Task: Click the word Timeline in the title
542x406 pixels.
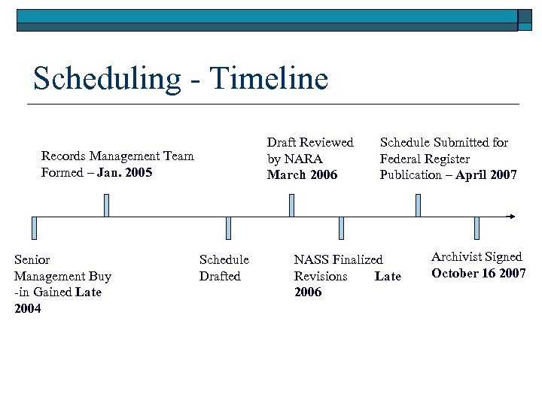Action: click(x=269, y=78)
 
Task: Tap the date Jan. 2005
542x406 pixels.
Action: click(x=124, y=172)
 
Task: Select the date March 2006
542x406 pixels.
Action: click(x=302, y=175)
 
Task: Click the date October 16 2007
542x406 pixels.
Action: click(x=478, y=273)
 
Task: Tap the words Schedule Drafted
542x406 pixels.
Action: click(x=224, y=268)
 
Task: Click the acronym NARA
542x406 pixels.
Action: click(x=305, y=159)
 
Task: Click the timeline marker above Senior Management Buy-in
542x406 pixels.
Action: click(x=35, y=228)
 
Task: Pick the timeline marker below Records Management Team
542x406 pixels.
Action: click(x=106, y=205)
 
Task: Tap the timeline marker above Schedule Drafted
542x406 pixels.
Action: click(x=228, y=228)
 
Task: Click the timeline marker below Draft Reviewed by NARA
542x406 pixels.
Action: click(x=291, y=205)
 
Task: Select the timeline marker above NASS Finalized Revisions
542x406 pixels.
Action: click(x=341, y=228)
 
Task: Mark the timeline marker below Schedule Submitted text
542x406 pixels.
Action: click(x=419, y=205)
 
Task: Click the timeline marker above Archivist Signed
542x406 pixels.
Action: click(x=477, y=228)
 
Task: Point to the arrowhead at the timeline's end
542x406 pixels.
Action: click(x=512, y=217)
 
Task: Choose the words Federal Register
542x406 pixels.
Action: click(x=425, y=159)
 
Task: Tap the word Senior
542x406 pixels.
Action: click(x=32, y=259)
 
